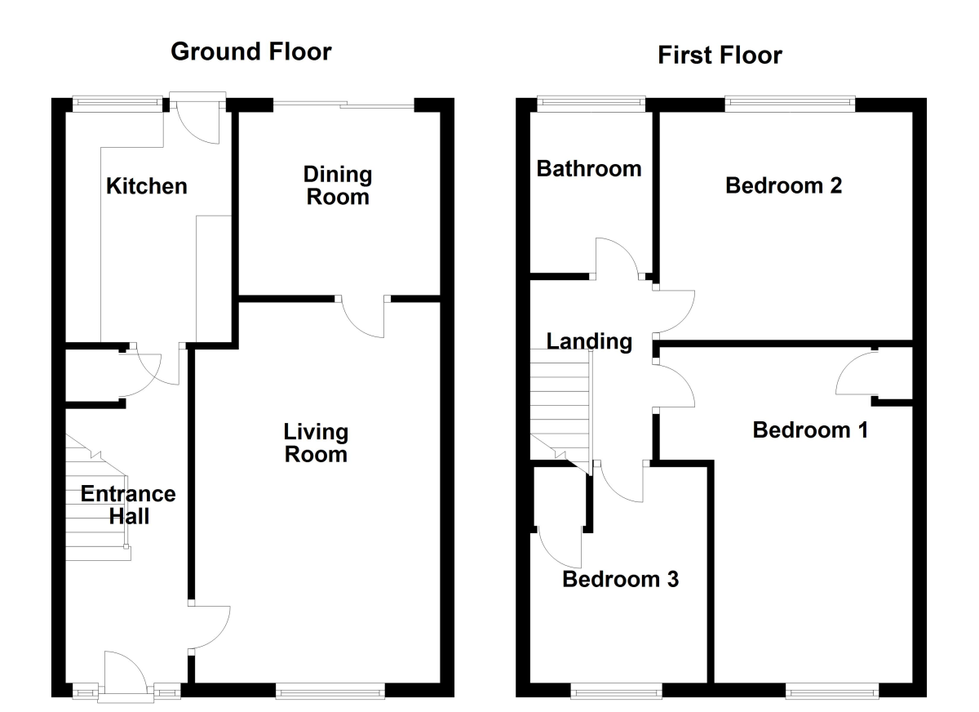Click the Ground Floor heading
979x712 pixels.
251,52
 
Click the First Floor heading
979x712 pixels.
720,55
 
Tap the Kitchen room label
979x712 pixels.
147,186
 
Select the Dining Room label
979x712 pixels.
337,185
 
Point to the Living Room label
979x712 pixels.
316,443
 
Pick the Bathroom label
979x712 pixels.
589,169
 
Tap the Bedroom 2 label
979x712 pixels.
784,186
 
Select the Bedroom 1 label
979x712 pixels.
810,429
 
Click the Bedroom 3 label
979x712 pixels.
621,580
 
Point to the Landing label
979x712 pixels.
589,341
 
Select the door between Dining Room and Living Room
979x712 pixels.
365,315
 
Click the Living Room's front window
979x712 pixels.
330,692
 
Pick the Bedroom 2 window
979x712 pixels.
790,103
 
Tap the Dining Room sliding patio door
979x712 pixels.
343,104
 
